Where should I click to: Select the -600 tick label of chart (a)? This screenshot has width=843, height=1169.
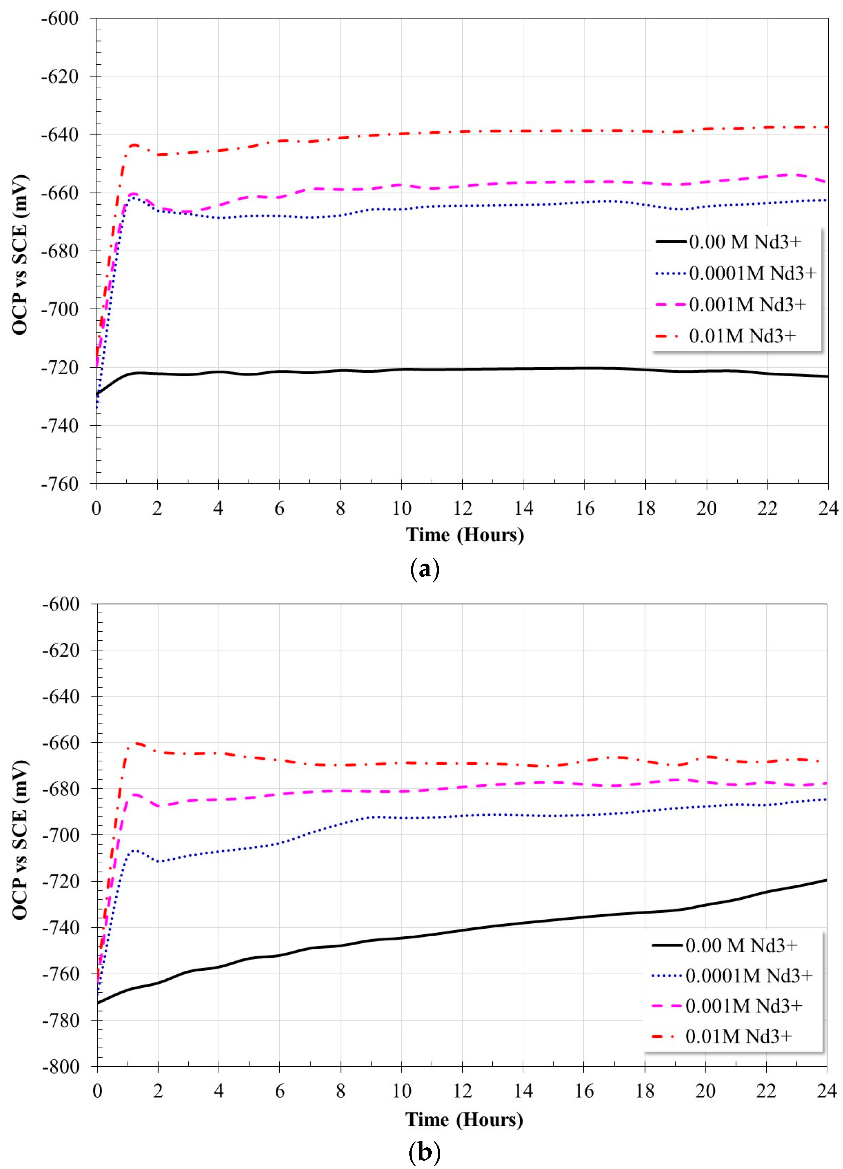click(x=60, y=18)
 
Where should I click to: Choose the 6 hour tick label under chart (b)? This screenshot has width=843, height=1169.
click(x=280, y=1091)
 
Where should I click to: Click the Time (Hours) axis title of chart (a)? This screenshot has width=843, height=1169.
click(x=464, y=535)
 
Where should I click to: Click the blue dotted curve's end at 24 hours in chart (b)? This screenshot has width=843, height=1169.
click(x=826, y=800)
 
